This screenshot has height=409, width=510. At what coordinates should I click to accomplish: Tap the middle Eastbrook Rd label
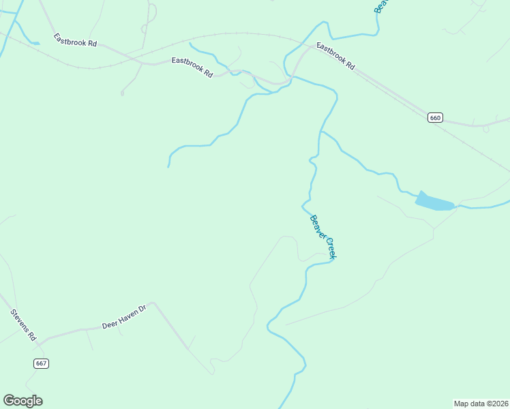[x=192, y=66]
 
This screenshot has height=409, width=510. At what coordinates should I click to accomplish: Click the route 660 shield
[x=436, y=117]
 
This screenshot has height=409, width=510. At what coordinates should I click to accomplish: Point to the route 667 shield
[x=41, y=363]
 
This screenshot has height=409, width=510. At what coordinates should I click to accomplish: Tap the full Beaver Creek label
[x=323, y=237]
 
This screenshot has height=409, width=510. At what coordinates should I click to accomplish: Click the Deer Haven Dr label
[x=124, y=317]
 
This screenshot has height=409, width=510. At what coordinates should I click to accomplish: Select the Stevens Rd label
[x=23, y=325]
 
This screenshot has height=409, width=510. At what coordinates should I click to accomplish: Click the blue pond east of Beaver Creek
[x=434, y=202]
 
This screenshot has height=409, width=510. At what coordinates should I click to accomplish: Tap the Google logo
[x=22, y=401]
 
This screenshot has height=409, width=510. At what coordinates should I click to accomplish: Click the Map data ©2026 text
[x=481, y=403]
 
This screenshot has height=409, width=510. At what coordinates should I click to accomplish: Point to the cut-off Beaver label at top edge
[x=380, y=6]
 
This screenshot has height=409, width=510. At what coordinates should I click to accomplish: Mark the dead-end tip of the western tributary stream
[x=168, y=166]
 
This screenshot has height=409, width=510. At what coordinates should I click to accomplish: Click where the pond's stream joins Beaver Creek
[x=320, y=132]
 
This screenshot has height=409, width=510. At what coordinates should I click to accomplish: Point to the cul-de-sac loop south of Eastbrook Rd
[x=122, y=93]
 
